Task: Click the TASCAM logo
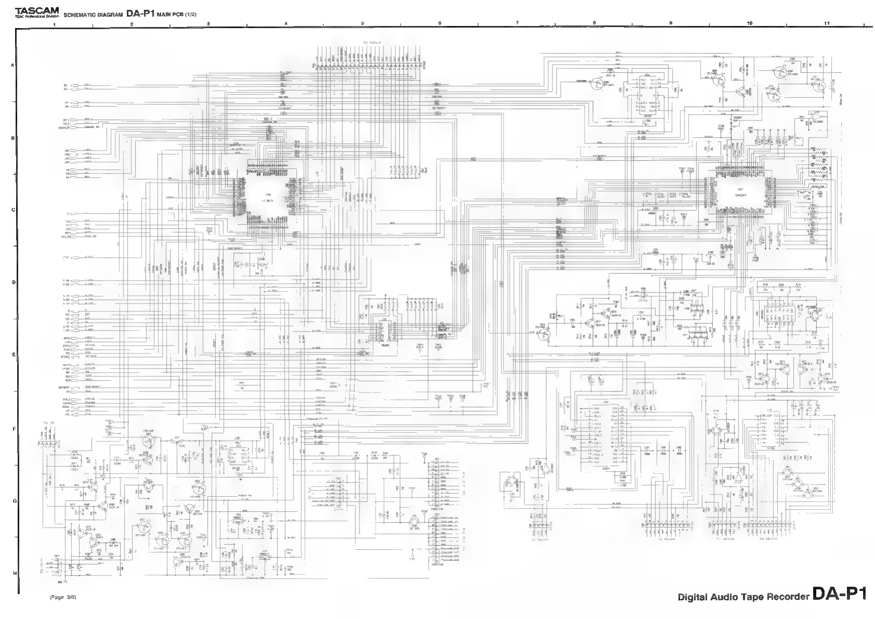(x=37, y=10)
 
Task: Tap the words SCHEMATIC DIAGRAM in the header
(x=93, y=15)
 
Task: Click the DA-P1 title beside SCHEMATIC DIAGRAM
(x=140, y=14)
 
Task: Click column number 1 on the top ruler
(x=55, y=24)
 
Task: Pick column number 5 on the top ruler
(x=363, y=23)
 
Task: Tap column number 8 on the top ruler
(x=594, y=23)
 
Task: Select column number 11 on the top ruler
(x=827, y=23)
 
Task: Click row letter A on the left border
(x=14, y=65)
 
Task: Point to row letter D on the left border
(x=14, y=282)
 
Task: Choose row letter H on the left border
(x=14, y=573)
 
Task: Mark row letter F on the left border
(x=14, y=429)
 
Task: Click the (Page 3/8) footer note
(x=63, y=597)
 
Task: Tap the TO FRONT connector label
(x=372, y=43)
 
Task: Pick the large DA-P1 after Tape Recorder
(x=840, y=594)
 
